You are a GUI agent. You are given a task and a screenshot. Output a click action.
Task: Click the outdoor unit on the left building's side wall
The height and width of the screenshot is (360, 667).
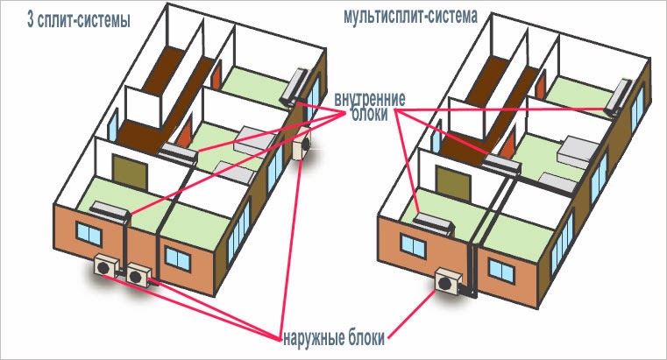coord(304,144)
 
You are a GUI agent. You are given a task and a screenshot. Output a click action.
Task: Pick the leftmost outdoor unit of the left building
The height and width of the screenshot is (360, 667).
coord(105,265)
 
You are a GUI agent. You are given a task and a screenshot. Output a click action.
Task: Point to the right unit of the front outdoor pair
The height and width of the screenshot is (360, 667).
coord(138,273)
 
